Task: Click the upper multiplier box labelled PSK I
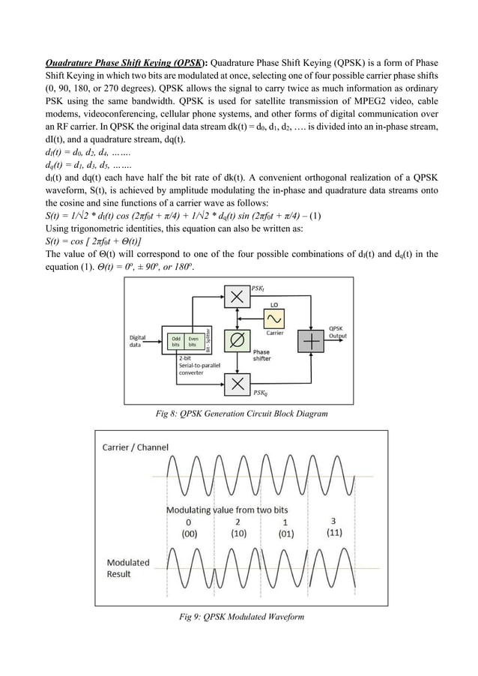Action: point(238,298)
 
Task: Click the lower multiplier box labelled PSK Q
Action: point(238,384)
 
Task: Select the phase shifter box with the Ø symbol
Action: point(238,341)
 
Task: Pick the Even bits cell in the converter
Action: point(193,342)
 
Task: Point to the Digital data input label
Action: point(138,342)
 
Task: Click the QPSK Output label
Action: point(339,332)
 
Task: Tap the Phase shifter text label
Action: point(262,355)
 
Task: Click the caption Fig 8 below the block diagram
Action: point(239,413)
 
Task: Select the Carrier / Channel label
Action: point(135,447)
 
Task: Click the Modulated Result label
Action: point(127,568)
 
